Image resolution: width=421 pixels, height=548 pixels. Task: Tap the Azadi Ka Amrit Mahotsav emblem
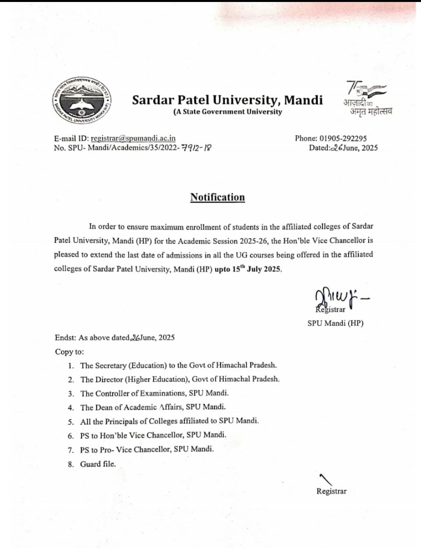(367, 98)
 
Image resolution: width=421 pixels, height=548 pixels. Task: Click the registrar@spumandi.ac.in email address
(133, 138)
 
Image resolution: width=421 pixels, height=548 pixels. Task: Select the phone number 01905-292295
(343, 138)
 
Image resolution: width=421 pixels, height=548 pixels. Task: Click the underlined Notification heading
(217, 197)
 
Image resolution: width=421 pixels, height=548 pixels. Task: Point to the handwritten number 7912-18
(196, 148)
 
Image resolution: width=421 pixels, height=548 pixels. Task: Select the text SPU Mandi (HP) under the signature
(335, 323)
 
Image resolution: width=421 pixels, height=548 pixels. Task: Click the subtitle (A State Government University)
(228, 112)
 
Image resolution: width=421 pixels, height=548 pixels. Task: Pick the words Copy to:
(69, 352)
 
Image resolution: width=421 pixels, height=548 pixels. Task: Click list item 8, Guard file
(98, 464)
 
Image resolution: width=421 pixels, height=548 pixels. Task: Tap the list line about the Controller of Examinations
(154, 393)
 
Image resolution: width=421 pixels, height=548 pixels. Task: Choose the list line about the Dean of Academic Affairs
(153, 407)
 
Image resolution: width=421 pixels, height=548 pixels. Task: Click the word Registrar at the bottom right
(331, 491)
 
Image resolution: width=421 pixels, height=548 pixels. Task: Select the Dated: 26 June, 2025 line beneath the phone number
(343, 148)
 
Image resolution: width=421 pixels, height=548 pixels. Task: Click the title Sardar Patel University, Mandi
(227, 100)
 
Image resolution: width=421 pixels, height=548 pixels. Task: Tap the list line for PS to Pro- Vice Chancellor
(147, 450)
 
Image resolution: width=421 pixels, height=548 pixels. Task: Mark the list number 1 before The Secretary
(70, 366)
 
